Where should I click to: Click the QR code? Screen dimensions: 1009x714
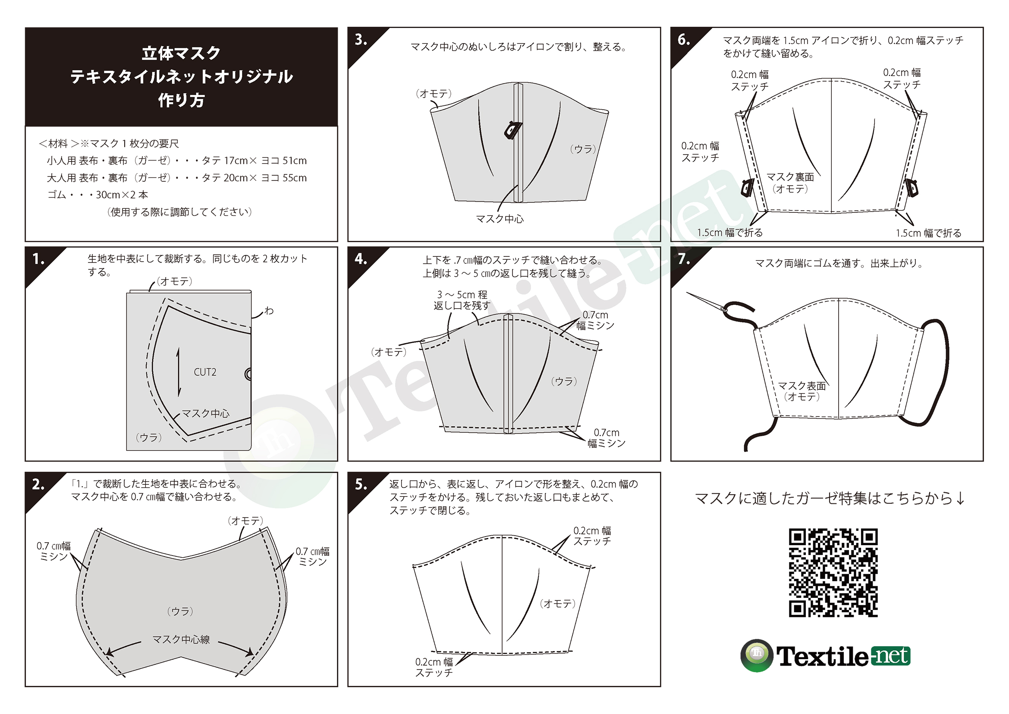click(833, 572)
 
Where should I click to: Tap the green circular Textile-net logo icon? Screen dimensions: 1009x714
click(757, 656)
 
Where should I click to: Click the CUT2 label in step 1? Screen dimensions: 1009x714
click(205, 373)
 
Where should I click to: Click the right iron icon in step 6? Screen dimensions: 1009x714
click(912, 188)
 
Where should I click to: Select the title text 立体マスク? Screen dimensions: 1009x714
click(181, 53)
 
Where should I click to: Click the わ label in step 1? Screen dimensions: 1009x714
click(269, 311)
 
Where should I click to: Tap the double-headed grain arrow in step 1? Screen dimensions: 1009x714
click(179, 372)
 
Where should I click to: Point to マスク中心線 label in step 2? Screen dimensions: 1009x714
click(181, 639)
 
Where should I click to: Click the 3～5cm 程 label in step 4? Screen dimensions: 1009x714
click(462, 294)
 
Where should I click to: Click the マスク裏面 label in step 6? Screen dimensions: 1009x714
click(790, 177)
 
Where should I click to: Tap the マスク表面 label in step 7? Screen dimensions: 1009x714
click(802, 385)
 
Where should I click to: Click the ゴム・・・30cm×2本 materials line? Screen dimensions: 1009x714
click(97, 195)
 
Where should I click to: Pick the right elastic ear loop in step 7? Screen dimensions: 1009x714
click(932, 372)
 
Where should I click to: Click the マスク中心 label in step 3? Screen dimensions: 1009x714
click(500, 218)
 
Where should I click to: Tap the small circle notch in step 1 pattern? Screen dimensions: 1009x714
click(248, 374)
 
